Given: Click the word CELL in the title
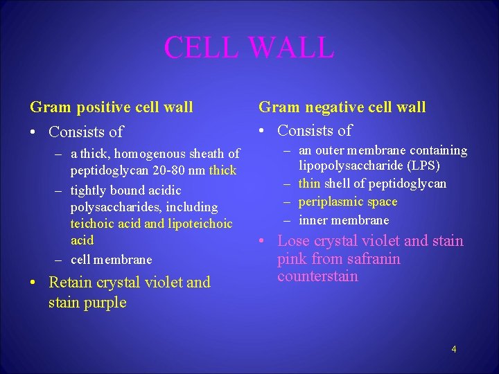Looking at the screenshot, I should click(201, 47).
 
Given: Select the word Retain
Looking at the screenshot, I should click(73, 283).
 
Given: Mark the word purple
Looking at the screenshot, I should click(105, 303).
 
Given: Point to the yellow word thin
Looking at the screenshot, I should click(309, 184).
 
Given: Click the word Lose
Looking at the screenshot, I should click(292, 241).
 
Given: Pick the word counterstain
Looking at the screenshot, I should click(317, 276).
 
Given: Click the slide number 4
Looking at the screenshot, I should click(453, 349).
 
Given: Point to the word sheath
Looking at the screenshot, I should click(208, 154).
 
